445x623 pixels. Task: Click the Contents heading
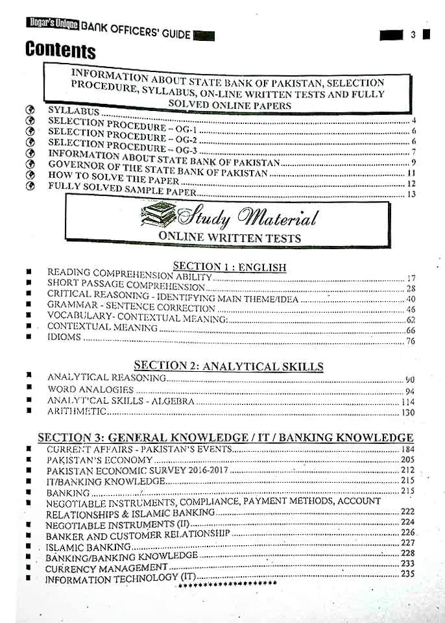[60, 50]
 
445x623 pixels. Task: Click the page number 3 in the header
[413, 35]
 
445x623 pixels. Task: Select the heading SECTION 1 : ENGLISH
[229, 267]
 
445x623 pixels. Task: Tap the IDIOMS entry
[64, 337]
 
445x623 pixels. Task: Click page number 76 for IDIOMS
[410, 341]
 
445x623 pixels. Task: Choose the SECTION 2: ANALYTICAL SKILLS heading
[228, 367]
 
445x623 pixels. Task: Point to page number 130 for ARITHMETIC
[407, 413]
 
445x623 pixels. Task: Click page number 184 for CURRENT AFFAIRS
[407, 449]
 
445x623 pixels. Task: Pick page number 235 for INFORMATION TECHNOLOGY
[407, 574]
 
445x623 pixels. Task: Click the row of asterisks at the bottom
[226, 584]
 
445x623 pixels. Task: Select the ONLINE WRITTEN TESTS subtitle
[230, 238]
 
